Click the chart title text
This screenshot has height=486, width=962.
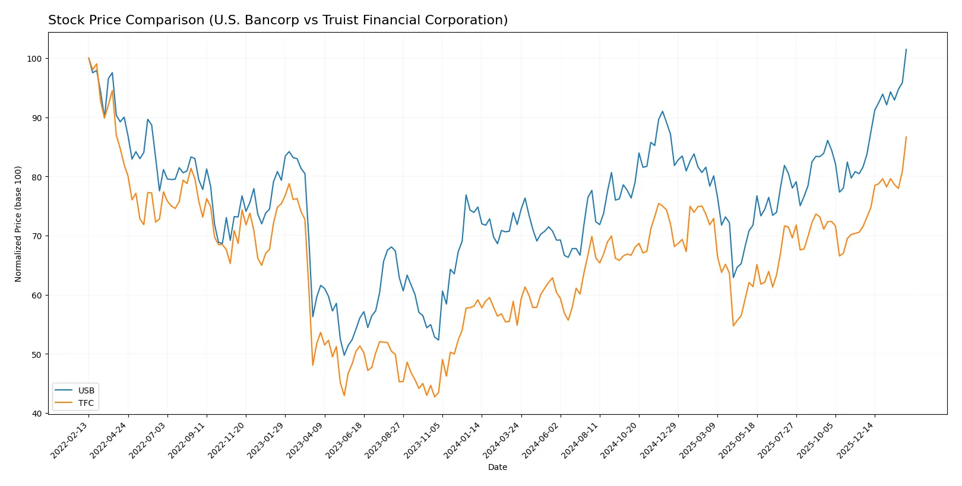point(278,20)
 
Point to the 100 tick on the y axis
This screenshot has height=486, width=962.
point(34,59)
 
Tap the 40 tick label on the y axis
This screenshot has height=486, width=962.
point(36,414)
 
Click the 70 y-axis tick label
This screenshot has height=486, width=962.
point(36,236)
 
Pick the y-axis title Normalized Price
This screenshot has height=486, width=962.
point(18,224)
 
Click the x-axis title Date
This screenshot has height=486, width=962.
point(497,467)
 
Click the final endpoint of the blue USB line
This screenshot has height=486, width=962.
point(906,49)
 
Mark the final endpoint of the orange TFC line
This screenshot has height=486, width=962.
point(906,137)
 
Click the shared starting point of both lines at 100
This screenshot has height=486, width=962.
point(88,58)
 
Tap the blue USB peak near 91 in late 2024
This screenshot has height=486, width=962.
point(662,111)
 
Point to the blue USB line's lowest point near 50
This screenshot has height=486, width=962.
point(344,355)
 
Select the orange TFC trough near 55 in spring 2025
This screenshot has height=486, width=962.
point(733,326)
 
